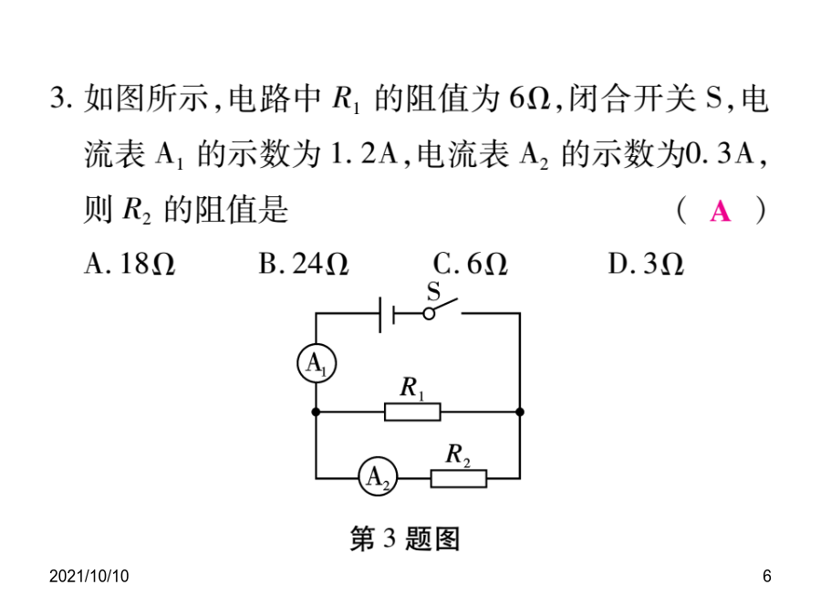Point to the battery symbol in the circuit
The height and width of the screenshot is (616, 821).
[387, 314]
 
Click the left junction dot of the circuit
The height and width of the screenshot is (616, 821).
[316, 412]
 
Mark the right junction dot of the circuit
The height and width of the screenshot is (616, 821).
[519, 412]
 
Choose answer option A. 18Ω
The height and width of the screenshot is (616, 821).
[130, 264]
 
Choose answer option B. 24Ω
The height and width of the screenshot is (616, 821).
[304, 264]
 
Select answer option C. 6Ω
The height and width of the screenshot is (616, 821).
[470, 264]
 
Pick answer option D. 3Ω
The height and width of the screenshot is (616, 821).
[646, 264]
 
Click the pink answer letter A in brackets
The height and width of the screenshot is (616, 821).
[721, 212]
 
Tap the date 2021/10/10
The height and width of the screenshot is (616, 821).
[89, 576]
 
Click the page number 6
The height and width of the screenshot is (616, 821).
[766, 576]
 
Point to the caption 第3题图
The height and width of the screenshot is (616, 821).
[405, 538]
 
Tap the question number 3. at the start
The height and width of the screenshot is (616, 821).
[61, 98]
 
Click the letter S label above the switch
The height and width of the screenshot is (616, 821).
[433, 292]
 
